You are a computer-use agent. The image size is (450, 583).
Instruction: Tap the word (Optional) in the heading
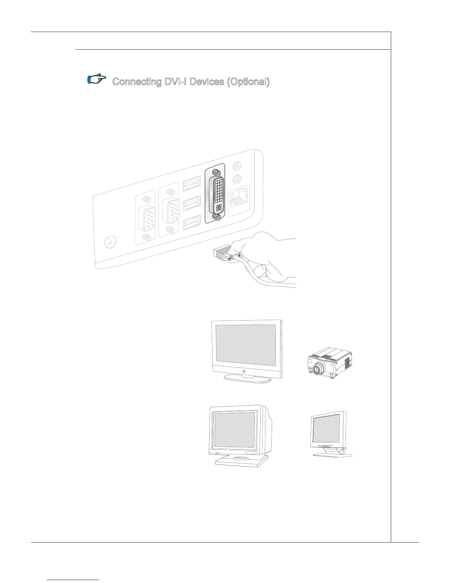tap(248, 82)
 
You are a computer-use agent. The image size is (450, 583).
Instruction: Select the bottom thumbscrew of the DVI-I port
tap(218, 218)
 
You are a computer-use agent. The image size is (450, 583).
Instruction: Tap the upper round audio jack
tap(238, 166)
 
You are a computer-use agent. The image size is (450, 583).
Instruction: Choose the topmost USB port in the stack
tap(192, 184)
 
